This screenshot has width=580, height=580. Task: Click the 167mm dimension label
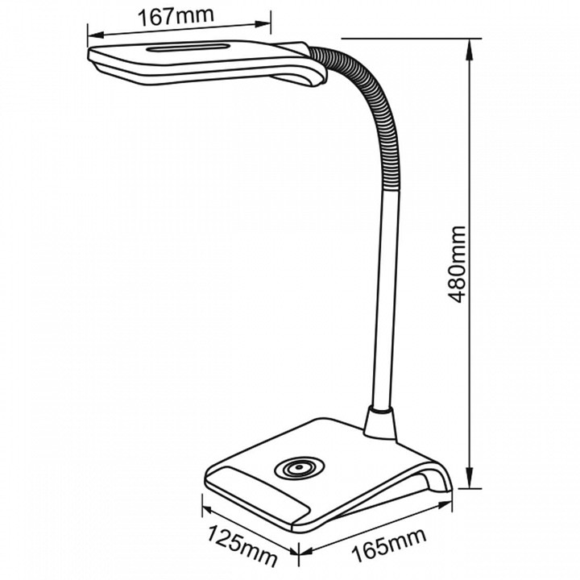pyautogui.click(x=176, y=17)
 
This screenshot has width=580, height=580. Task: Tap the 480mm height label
pyautogui.click(x=455, y=264)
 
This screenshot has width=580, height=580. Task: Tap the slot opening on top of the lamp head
pyautogui.click(x=188, y=48)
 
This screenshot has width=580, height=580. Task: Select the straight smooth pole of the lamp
pyautogui.click(x=385, y=299)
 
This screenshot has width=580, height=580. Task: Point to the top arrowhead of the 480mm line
pyautogui.click(x=470, y=50)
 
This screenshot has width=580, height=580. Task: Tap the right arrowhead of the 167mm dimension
pyautogui.click(x=263, y=24)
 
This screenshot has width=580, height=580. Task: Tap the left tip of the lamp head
pyautogui.click(x=88, y=55)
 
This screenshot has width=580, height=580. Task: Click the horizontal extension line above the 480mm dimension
pyautogui.click(x=412, y=38)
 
